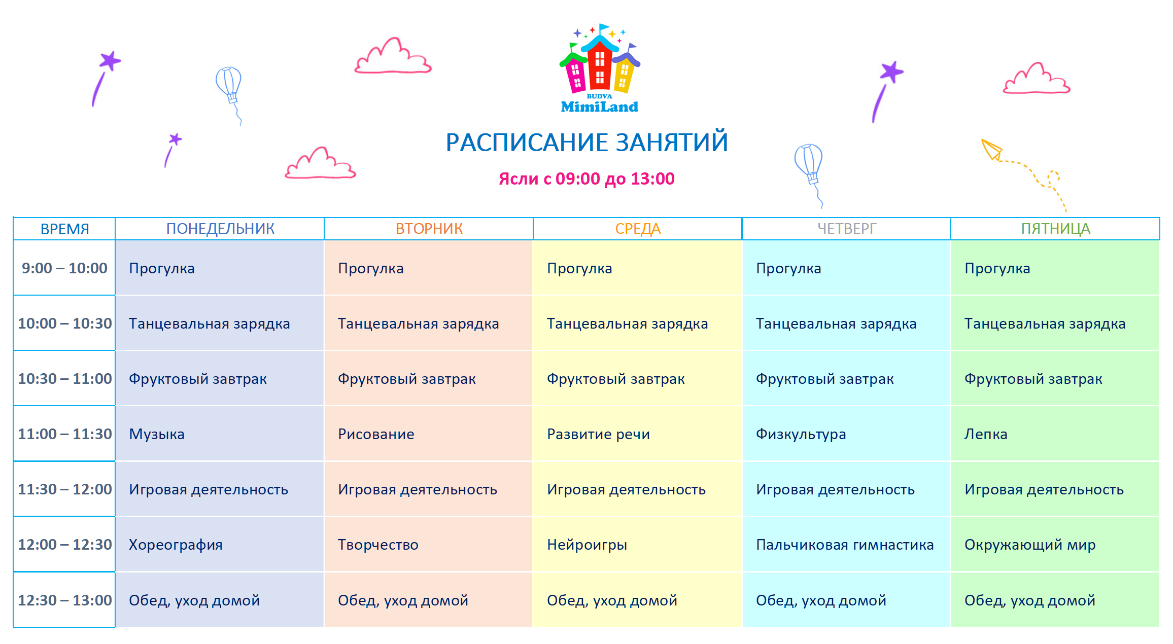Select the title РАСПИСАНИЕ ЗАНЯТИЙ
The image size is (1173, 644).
pos(587,142)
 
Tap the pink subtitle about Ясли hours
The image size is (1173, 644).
pos(586,179)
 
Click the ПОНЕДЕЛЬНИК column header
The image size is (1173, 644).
pos(220,229)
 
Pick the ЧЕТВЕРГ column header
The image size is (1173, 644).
pos(847,229)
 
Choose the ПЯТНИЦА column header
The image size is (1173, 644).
pos(1055,229)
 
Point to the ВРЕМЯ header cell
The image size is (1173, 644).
pos(64,229)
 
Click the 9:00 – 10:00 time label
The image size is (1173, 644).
pos(64,268)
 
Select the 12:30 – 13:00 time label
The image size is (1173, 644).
pos(64,600)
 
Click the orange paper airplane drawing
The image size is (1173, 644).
pos(991,150)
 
